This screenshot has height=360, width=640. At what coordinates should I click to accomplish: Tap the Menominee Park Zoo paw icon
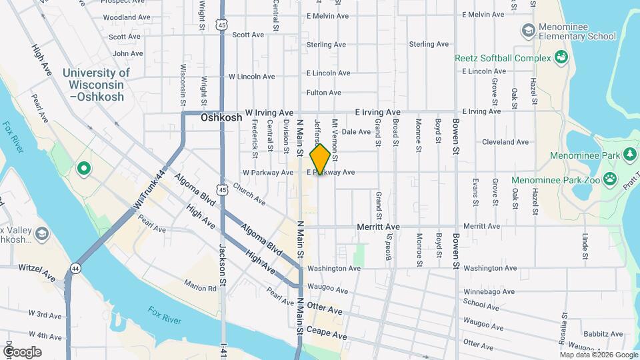(x=609, y=179)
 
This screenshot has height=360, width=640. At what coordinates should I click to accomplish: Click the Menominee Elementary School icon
(x=529, y=30)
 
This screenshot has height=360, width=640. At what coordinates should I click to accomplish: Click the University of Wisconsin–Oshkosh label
(x=96, y=85)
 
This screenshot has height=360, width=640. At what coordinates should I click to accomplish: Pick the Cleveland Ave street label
(x=505, y=142)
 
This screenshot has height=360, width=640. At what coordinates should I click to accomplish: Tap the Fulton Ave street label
(x=324, y=93)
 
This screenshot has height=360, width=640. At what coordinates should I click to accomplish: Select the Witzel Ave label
(x=37, y=271)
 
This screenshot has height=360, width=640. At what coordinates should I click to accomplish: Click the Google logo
(x=21, y=352)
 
